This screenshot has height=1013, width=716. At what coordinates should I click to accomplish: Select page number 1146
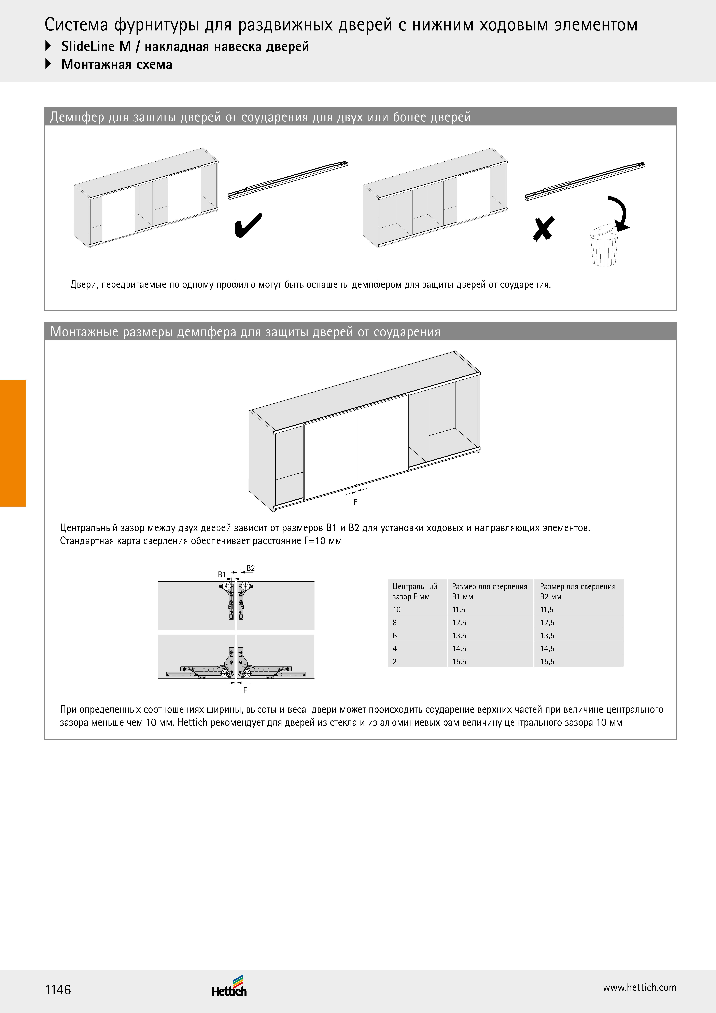click(x=58, y=990)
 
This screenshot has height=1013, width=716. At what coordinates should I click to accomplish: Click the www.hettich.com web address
click(x=639, y=987)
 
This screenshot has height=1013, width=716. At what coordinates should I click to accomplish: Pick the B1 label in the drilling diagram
click(x=222, y=575)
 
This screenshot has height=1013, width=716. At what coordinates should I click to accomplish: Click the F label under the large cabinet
click(x=355, y=502)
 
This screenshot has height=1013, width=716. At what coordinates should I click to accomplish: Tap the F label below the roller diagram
click(x=245, y=690)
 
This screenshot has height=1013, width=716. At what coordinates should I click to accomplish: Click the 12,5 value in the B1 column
click(x=459, y=623)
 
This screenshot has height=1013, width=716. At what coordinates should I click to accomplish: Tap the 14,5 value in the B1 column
click(x=459, y=649)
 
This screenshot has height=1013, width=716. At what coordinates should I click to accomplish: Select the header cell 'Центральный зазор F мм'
click(x=415, y=591)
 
